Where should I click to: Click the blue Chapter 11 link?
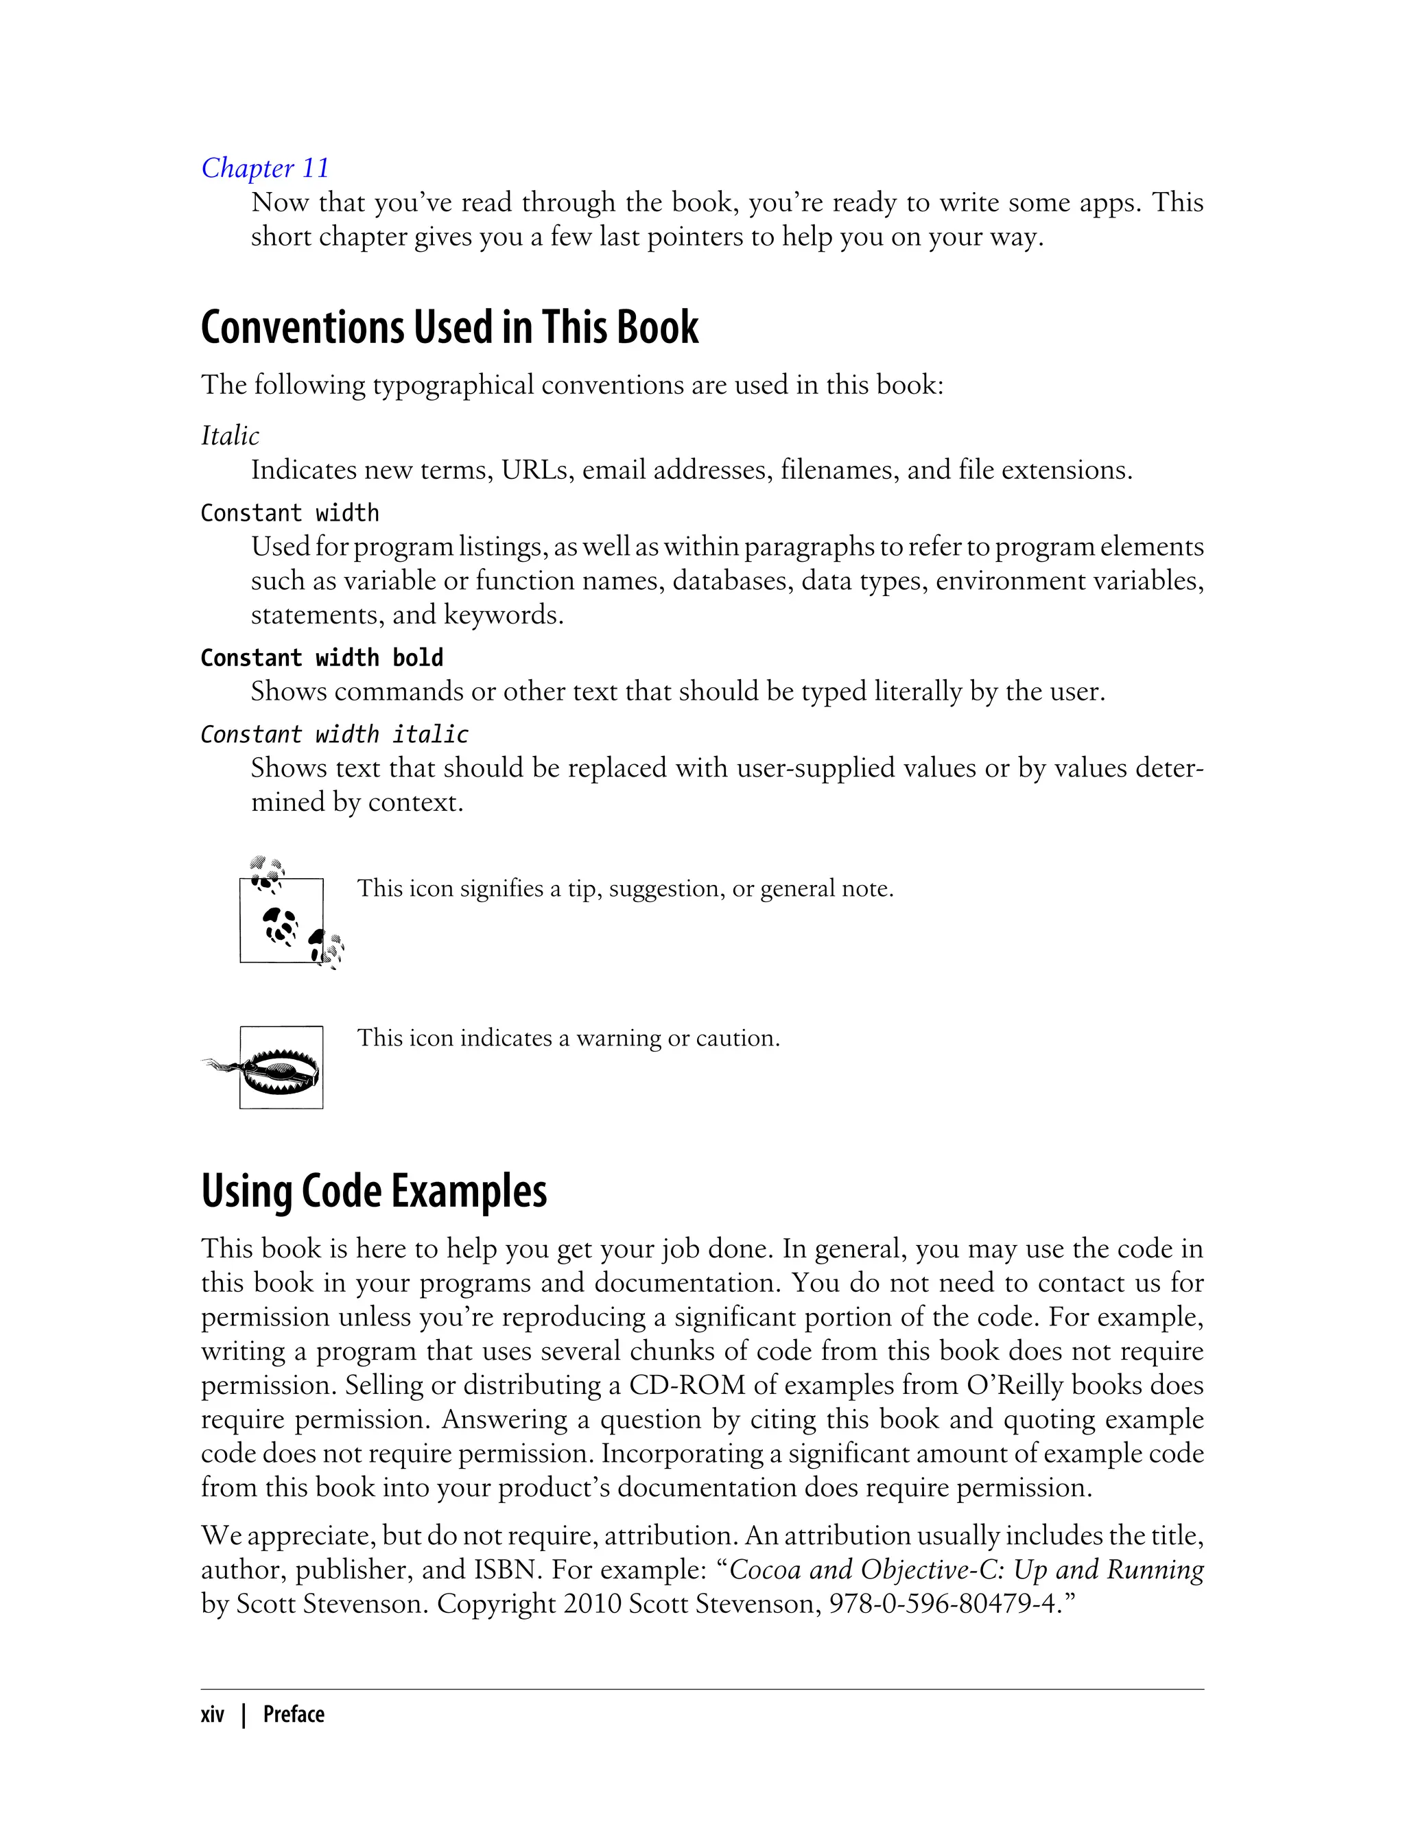click(x=265, y=168)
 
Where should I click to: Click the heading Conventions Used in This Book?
click(x=449, y=327)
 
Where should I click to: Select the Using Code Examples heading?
click(x=374, y=1191)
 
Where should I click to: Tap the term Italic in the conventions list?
click(x=230, y=436)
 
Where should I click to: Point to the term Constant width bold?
click(x=322, y=658)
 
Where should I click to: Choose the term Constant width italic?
click(x=335, y=734)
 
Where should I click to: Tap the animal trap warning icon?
click(x=276, y=1068)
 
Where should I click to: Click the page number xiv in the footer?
click(x=213, y=1714)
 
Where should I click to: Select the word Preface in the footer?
click(x=294, y=1714)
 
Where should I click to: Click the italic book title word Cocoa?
click(x=765, y=1570)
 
